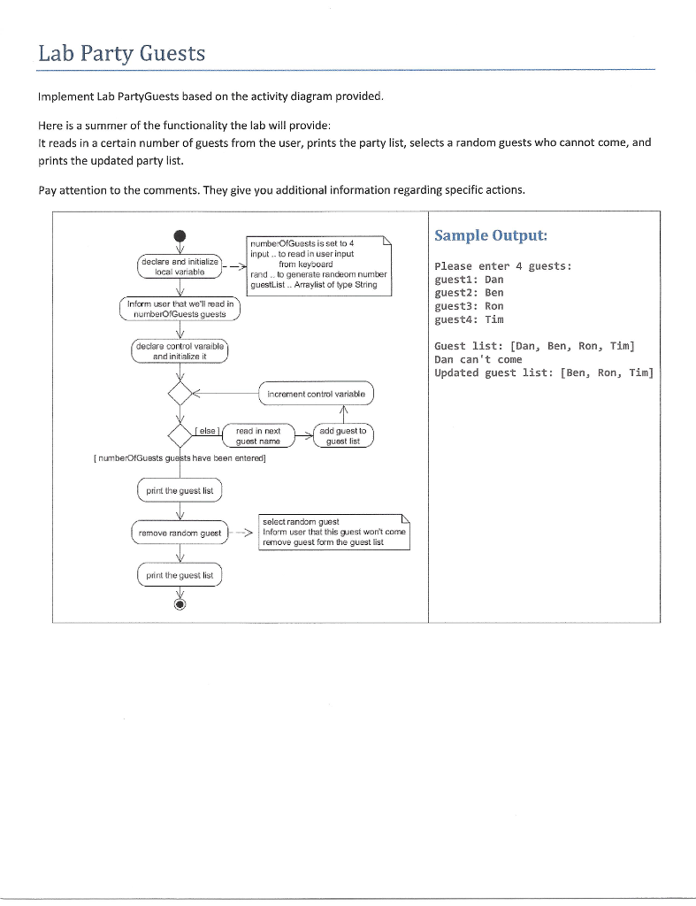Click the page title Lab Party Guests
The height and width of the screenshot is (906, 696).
(x=122, y=54)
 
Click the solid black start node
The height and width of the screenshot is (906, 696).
(x=180, y=236)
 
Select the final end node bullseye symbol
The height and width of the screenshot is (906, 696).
(x=180, y=605)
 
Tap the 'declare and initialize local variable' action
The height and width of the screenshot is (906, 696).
(x=180, y=266)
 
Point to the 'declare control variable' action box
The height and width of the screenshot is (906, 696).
(x=180, y=351)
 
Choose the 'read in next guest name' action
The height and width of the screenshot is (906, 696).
(x=258, y=436)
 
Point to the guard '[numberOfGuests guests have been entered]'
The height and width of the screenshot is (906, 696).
(x=179, y=458)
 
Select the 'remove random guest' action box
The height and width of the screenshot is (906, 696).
(x=180, y=533)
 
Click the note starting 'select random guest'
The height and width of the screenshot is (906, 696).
(x=333, y=532)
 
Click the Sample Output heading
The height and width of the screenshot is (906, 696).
(x=491, y=235)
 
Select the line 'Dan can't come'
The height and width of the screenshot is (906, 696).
(x=479, y=359)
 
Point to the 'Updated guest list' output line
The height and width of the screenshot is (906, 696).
(x=543, y=372)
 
